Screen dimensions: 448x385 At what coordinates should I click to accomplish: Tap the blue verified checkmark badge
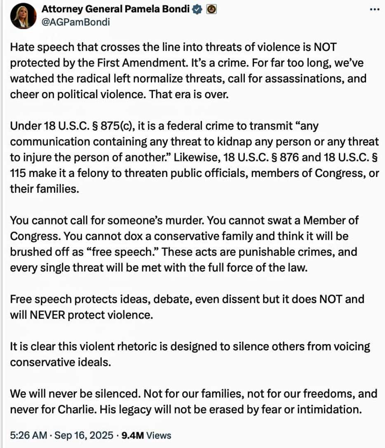pyautogui.click(x=197, y=10)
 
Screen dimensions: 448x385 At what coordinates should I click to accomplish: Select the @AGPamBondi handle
pyautogui.click(x=76, y=22)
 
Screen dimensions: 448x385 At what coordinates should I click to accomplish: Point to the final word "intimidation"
pyautogui.click(x=328, y=410)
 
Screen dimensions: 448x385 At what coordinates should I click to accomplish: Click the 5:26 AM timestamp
pyautogui.click(x=26, y=435)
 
